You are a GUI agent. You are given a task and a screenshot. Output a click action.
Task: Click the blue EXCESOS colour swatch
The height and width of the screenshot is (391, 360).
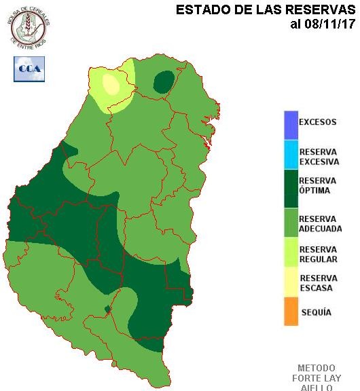pyautogui.click(x=291, y=125)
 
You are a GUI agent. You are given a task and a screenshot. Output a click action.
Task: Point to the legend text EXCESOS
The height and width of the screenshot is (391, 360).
pyautogui.click(x=318, y=123)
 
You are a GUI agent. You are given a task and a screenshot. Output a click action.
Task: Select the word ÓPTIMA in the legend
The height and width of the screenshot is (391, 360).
pyautogui.click(x=314, y=191)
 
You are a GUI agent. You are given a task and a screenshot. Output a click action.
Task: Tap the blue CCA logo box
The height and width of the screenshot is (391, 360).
pyautogui.click(x=29, y=68)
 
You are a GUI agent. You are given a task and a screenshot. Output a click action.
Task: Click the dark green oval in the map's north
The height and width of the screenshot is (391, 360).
pyautogui.click(x=163, y=82)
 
